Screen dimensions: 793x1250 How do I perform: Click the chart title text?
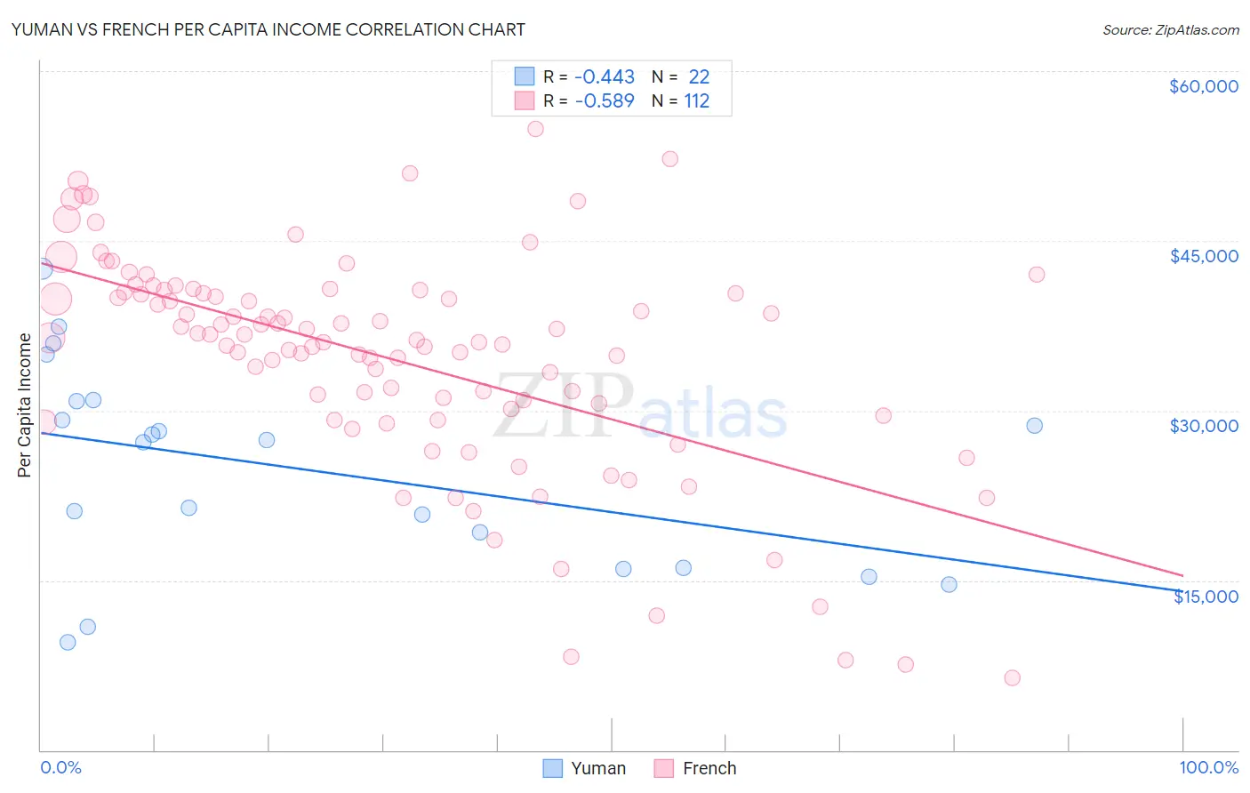click(x=268, y=29)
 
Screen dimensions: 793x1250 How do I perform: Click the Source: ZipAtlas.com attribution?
click(x=1170, y=30)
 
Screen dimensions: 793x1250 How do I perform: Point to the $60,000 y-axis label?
click(x=1203, y=86)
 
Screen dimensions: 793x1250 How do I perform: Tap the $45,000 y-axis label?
click(x=1203, y=256)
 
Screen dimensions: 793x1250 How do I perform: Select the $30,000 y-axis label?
click(x=1203, y=426)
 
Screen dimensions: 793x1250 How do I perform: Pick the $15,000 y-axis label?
click(x=1206, y=597)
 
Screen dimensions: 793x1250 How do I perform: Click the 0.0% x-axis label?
click(x=60, y=768)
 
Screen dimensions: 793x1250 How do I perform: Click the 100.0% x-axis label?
click(x=1208, y=768)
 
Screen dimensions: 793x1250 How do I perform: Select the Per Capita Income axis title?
click(x=25, y=405)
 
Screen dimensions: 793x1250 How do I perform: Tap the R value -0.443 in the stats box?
click(x=605, y=77)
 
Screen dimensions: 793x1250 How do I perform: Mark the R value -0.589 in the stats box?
click(x=605, y=101)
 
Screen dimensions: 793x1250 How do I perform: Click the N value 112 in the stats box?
click(x=697, y=101)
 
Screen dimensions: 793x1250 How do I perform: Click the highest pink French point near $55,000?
click(x=535, y=129)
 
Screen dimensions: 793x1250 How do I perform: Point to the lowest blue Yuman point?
click(x=68, y=642)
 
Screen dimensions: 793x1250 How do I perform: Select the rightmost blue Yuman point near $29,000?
click(x=1034, y=426)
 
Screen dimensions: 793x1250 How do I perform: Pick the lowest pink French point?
click(x=1012, y=678)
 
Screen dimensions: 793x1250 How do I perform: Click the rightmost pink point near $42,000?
click(x=1037, y=275)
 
